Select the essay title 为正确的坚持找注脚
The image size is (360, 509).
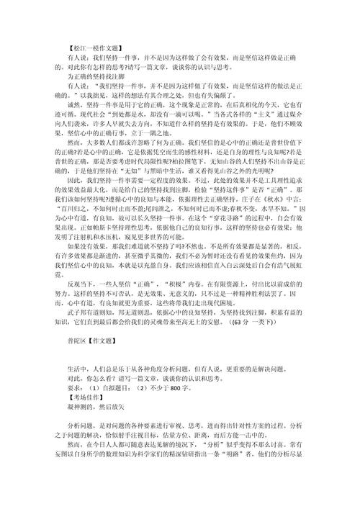[95, 73]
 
